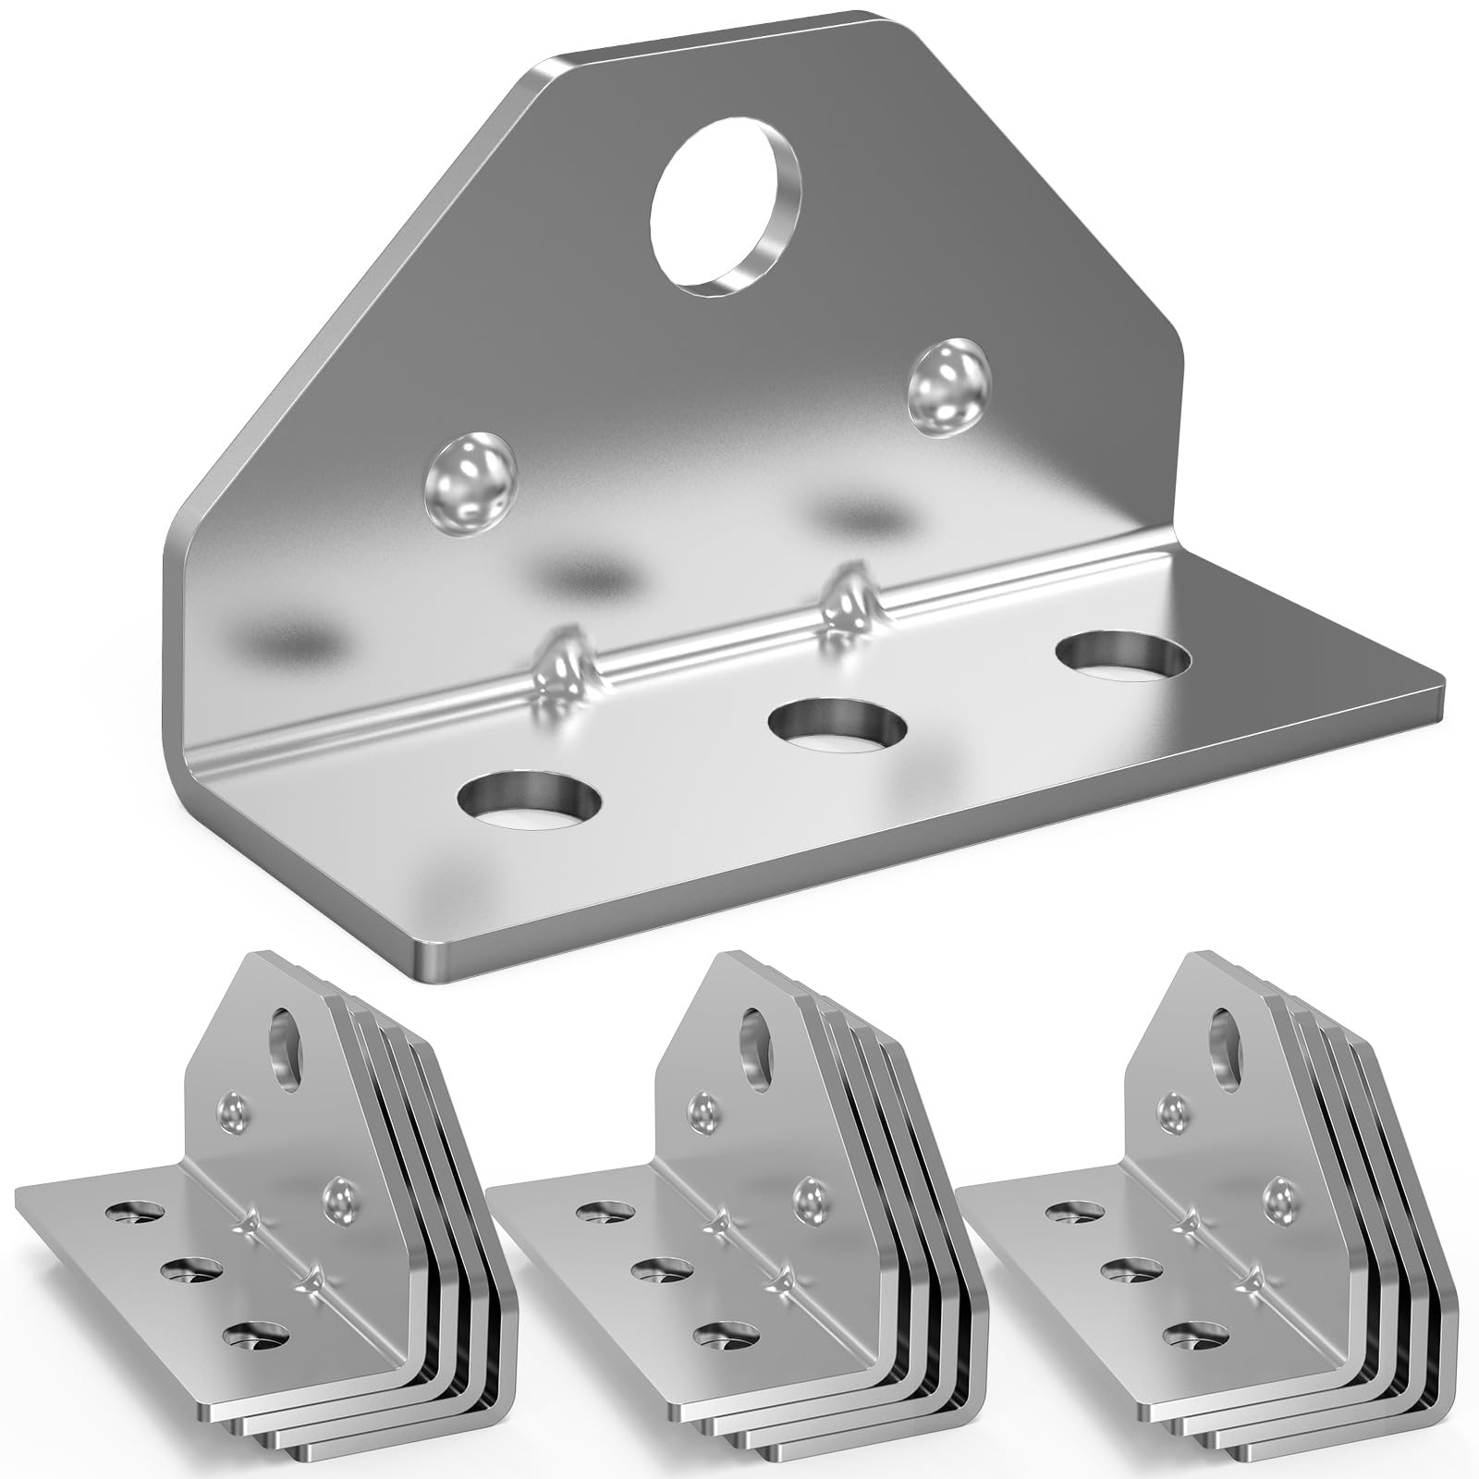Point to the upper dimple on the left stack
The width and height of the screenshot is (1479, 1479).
(233, 1107)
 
